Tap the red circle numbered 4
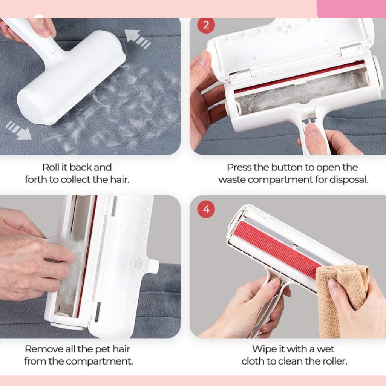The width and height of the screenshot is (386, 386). (x=206, y=209)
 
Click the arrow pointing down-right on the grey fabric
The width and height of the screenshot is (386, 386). (x=18, y=130)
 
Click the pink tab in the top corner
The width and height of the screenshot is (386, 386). (x=351, y=9)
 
